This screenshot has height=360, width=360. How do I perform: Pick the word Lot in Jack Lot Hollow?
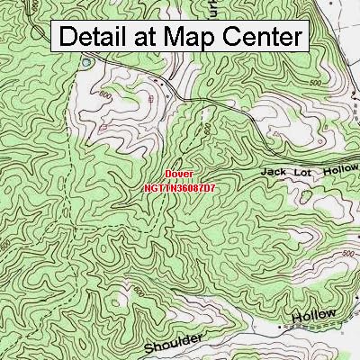click(302, 169)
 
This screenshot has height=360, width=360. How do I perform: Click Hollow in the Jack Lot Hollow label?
click(337, 168)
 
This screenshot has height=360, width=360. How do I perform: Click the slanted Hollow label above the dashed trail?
click(314, 316)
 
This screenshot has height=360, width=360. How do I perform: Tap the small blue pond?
click(87, 63)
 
